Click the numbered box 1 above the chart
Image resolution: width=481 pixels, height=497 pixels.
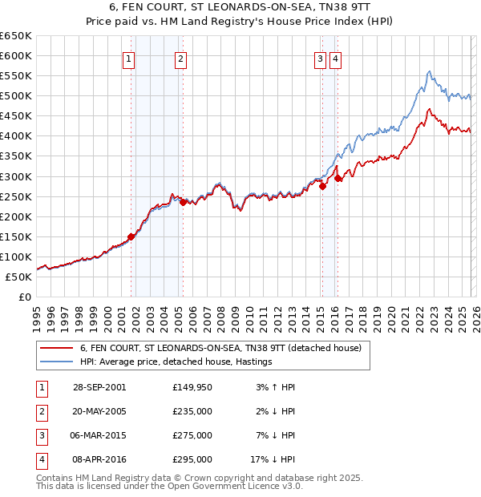[x=128, y=58]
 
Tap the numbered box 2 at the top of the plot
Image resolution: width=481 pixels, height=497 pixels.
[x=181, y=58]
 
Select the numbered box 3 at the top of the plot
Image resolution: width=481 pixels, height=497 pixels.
[x=320, y=58]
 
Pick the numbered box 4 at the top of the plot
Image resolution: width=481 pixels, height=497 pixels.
[x=334, y=58]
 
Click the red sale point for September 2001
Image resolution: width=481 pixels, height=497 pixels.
[x=131, y=236]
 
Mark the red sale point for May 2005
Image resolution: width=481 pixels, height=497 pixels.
[x=183, y=202]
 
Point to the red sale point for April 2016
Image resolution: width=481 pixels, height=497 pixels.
[x=338, y=178]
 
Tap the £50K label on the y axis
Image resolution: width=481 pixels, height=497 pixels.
[x=19, y=277]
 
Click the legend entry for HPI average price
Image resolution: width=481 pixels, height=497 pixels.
[x=176, y=362]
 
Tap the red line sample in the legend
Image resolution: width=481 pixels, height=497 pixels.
[x=57, y=349]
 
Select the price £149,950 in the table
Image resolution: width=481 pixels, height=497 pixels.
[x=192, y=387]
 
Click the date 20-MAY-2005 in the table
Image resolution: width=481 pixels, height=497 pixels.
[x=99, y=411]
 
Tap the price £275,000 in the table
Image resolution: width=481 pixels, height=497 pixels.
[x=192, y=436]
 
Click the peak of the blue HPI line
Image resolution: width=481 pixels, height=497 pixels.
[x=429, y=71]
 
